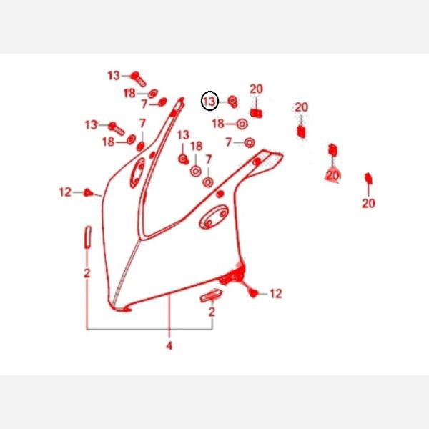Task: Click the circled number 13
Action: click(x=209, y=101)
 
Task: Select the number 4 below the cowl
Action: click(x=169, y=345)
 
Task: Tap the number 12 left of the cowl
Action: click(x=65, y=192)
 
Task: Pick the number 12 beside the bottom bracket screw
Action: click(x=276, y=294)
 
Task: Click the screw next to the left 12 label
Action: click(x=88, y=192)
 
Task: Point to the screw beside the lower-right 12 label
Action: click(x=253, y=293)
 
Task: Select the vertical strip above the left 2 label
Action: click(x=88, y=237)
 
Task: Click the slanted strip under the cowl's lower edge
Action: click(x=211, y=296)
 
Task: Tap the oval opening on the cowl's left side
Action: click(x=137, y=173)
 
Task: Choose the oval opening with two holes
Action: click(x=214, y=217)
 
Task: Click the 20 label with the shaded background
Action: click(x=332, y=175)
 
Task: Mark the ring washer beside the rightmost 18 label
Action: click(x=242, y=124)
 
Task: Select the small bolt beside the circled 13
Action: click(x=233, y=102)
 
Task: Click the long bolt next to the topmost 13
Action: click(x=138, y=79)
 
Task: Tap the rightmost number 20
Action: click(x=368, y=203)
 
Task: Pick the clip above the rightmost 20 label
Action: click(x=368, y=178)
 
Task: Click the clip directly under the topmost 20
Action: click(x=256, y=113)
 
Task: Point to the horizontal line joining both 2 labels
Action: click(x=149, y=329)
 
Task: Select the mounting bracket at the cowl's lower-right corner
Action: click(x=232, y=275)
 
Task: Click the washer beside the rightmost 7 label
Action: click(x=250, y=142)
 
